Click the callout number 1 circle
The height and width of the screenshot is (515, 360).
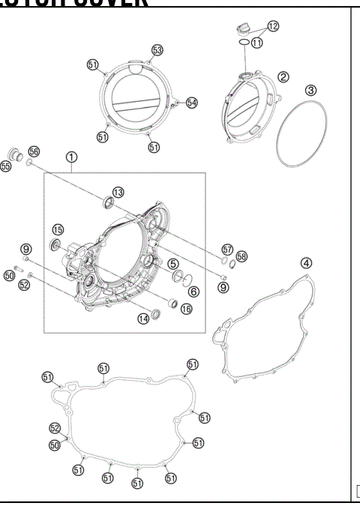pos(70,157)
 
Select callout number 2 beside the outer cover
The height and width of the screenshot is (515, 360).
pos(283,77)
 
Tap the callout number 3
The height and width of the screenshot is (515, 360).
pos(310,91)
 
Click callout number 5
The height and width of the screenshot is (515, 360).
pos(172,264)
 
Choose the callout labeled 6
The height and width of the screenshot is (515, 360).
pos(193,291)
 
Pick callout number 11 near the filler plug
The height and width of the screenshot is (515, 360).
pos(257,43)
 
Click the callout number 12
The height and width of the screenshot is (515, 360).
pos(273,26)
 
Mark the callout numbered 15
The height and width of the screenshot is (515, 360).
pos(58,229)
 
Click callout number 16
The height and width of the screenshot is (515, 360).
pos(186,309)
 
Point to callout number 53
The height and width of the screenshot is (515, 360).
pos(157,49)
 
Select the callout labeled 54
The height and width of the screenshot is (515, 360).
pos(191,102)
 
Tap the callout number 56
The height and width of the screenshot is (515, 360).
pos(34,151)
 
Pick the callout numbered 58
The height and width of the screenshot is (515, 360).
pos(241,256)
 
